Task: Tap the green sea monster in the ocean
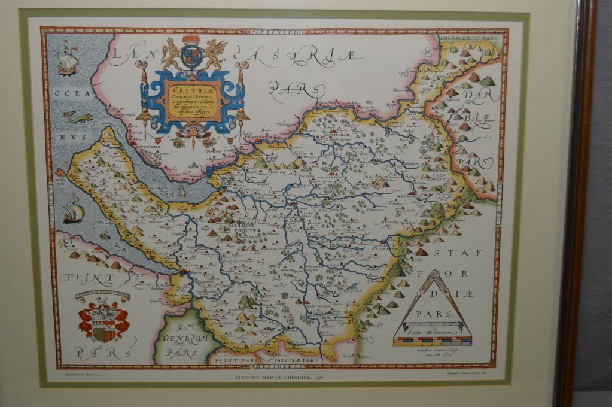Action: pos(79,117)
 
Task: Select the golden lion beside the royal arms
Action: pos(171,54)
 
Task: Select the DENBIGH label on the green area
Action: pos(179,339)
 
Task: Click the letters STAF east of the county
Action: pos(457,253)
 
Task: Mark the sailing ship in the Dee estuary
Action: pos(73,211)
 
